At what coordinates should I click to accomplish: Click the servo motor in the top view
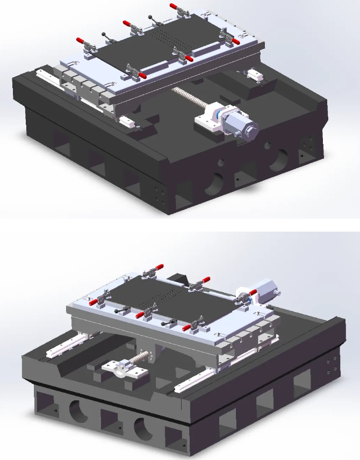[241, 122]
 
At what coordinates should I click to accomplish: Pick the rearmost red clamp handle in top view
[175, 6]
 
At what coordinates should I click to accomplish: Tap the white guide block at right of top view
[254, 75]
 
